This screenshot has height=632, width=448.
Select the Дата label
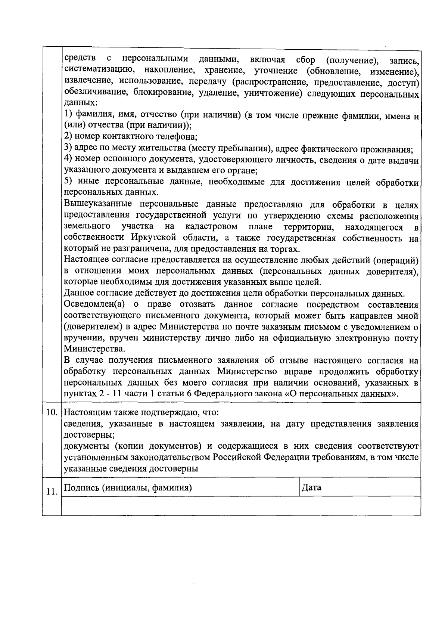(x=311, y=487)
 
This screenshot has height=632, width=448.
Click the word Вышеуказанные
(x=98, y=204)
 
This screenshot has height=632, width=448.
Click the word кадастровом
(x=211, y=227)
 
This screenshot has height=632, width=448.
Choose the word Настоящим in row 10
(x=87, y=413)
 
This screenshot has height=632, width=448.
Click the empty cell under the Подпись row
(x=241, y=506)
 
